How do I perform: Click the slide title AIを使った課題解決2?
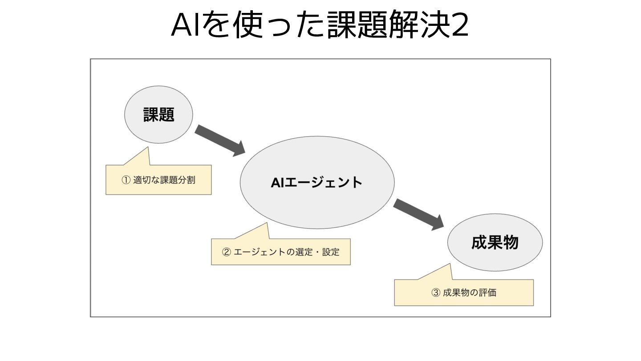(320, 26)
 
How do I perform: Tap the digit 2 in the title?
(458, 26)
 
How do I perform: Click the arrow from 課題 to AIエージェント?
(220, 140)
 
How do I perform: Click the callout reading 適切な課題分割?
(158, 180)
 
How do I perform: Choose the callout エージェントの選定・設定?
(280, 252)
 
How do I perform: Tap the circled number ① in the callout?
(126, 180)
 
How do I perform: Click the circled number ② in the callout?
(227, 252)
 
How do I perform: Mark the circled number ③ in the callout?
(436, 293)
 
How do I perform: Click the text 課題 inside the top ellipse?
(158, 115)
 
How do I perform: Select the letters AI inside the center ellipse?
(277, 182)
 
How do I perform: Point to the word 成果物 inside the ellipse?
(495, 243)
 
